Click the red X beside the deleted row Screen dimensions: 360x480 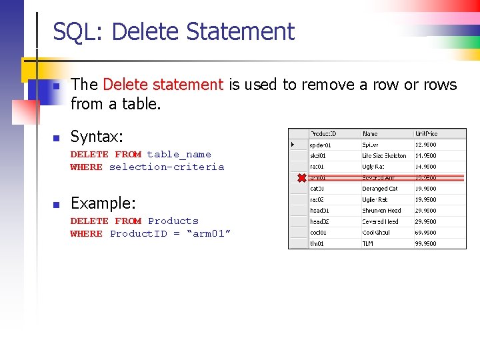click(x=301, y=177)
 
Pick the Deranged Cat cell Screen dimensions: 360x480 click(x=380, y=189)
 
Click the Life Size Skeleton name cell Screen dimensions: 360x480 click(x=385, y=155)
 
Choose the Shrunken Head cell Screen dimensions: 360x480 click(x=382, y=211)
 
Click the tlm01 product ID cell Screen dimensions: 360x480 click(x=318, y=244)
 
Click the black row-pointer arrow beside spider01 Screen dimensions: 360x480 click(x=293, y=144)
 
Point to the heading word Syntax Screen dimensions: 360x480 click(x=97, y=137)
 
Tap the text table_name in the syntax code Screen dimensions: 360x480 click(x=179, y=154)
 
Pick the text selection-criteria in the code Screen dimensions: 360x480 click(x=167, y=167)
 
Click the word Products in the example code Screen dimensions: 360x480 click(x=173, y=221)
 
